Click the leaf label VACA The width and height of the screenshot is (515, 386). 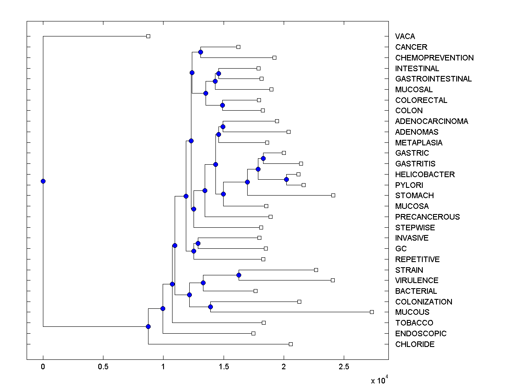point(405,36)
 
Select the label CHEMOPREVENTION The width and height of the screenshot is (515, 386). point(434,58)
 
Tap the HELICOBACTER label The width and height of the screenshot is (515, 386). point(425,175)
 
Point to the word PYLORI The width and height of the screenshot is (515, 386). point(409,185)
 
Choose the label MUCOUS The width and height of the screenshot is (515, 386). point(412,312)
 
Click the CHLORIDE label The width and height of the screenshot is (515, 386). point(415,344)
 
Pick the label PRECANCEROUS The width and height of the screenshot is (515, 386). point(427,217)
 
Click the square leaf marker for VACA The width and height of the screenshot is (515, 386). point(148,36)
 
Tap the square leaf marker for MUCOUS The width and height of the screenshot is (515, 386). point(372,312)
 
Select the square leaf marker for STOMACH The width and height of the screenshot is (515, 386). point(333,196)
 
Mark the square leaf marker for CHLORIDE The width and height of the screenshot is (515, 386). point(291,344)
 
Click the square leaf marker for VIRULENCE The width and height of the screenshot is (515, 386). point(333,280)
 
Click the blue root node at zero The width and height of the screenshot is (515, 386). point(43,181)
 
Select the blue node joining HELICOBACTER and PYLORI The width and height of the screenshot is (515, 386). point(286,179)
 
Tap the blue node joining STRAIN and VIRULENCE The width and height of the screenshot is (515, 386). point(239,275)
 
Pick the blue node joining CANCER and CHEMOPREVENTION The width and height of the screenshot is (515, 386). point(200,52)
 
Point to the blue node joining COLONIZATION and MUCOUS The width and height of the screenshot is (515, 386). point(210,307)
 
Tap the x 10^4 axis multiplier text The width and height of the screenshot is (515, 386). point(379,380)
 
